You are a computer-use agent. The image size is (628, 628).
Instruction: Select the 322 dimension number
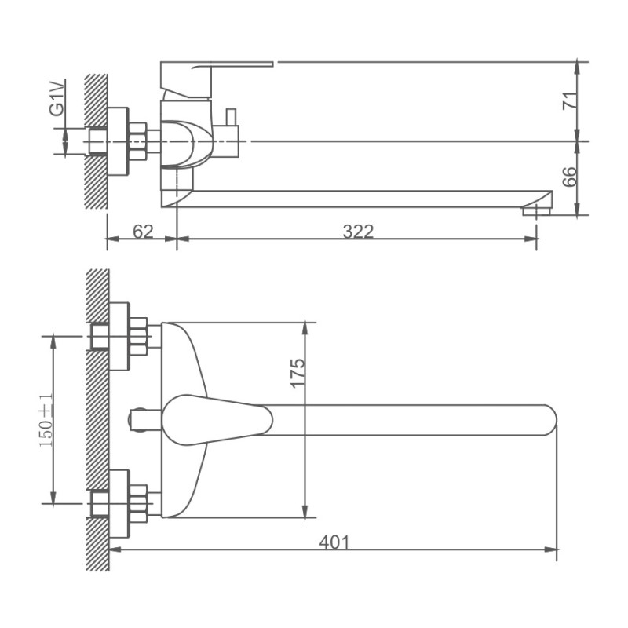click(x=358, y=231)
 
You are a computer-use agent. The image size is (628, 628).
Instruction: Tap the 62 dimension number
click(x=142, y=231)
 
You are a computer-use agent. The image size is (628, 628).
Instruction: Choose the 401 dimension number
click(x=334, y=542)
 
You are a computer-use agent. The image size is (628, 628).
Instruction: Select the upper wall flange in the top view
click(x=119, y=336)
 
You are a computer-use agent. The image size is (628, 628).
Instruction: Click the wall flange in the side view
click(x=119, y=141)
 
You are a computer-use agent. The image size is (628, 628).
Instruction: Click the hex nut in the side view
click(x=138, y=141)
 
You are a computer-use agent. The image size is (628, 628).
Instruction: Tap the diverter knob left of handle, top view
click(x=141, y=418)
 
